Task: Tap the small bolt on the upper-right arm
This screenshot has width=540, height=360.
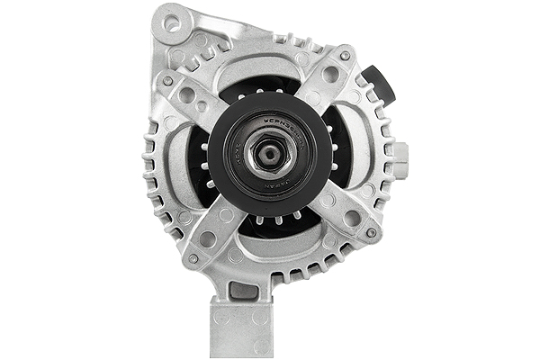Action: tap(345, 56)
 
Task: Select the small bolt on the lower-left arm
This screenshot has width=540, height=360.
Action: tap(192, 258)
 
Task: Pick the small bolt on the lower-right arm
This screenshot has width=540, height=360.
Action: tap(371, 234)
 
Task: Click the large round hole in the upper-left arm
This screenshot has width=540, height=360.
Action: tap(188, 94)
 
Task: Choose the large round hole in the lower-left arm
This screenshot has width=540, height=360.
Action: tap(209, 238)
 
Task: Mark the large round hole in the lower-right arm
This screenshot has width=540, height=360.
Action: tap(351, 218)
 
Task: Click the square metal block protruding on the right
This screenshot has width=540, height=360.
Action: tap(399, 157)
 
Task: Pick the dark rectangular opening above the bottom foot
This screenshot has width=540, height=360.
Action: tap(243, 290)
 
